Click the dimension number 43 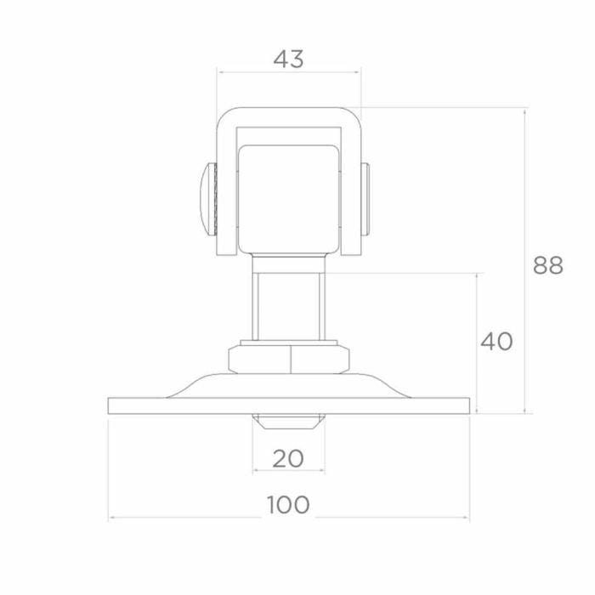[x=288, y=59]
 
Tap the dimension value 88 [x=548, y=265]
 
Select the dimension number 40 [x=496, y=341]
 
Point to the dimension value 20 [x=288, y=458]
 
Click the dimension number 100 [x=288, y=505]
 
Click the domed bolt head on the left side [x=208, y=199]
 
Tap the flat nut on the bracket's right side [x=365, y=199]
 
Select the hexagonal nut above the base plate [x=289, y=359]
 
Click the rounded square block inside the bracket [x=288, y=199]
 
